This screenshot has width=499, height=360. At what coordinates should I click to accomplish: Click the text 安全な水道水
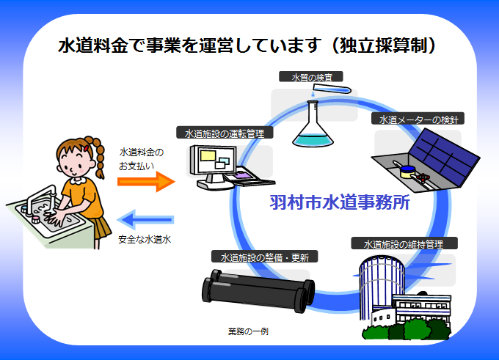point(144,239)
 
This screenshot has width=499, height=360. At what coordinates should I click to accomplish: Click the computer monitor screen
point(214,158)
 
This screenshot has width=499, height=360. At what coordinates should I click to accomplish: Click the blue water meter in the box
point(404,175)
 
